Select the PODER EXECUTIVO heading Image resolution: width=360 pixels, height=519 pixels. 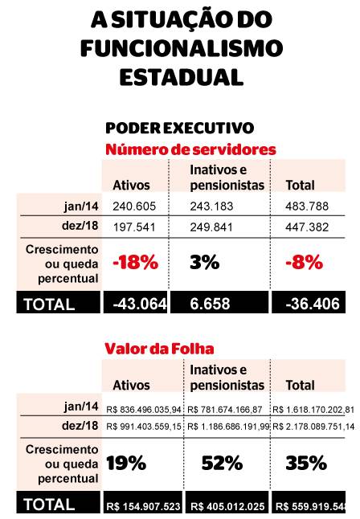coord(180,129)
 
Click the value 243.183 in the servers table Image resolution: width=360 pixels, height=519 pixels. coord(208,206)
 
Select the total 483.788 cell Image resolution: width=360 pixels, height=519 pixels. coord(305,206)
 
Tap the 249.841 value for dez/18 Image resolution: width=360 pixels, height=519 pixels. coord(208,227)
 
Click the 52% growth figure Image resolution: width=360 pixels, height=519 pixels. coord(223,462)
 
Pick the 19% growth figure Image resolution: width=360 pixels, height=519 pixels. coord(126,462)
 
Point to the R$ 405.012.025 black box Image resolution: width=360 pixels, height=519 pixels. coord(227,505)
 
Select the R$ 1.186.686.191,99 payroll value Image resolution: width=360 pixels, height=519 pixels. coord(228,425)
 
